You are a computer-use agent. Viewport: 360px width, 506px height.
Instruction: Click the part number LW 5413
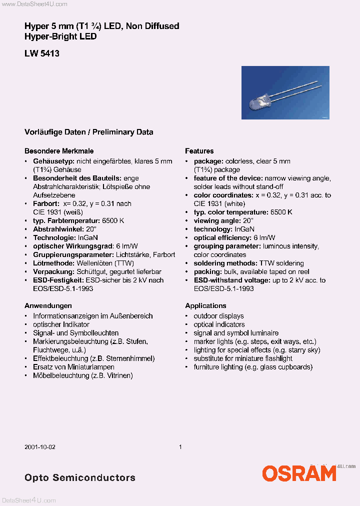click(x=42, y=53)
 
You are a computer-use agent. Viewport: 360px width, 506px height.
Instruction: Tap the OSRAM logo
click(x=299, y=473)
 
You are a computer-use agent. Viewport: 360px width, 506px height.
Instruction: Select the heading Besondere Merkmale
click(x=59, y=151)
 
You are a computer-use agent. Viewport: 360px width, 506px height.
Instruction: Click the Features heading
click(x=199, y=151)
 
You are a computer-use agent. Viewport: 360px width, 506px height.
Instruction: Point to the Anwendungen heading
click(x=48, y=305)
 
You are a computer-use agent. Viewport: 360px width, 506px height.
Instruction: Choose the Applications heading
click(x=205, y=305)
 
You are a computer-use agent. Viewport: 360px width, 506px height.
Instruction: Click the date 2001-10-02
click(x=40, y=447)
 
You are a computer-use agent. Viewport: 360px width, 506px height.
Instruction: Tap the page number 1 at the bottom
click(x=180, y=447)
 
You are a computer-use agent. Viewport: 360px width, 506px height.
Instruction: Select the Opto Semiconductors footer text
click(x=79, y=477)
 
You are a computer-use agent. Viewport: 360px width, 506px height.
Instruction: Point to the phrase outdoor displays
click(x=218, y=316)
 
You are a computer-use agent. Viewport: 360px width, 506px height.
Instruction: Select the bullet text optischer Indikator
click(x=61, y=324)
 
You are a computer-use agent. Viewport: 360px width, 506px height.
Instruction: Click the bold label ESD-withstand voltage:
click(x=232, y=280)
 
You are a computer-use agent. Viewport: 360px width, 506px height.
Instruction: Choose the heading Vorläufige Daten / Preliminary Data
click(x=88, y=132)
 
